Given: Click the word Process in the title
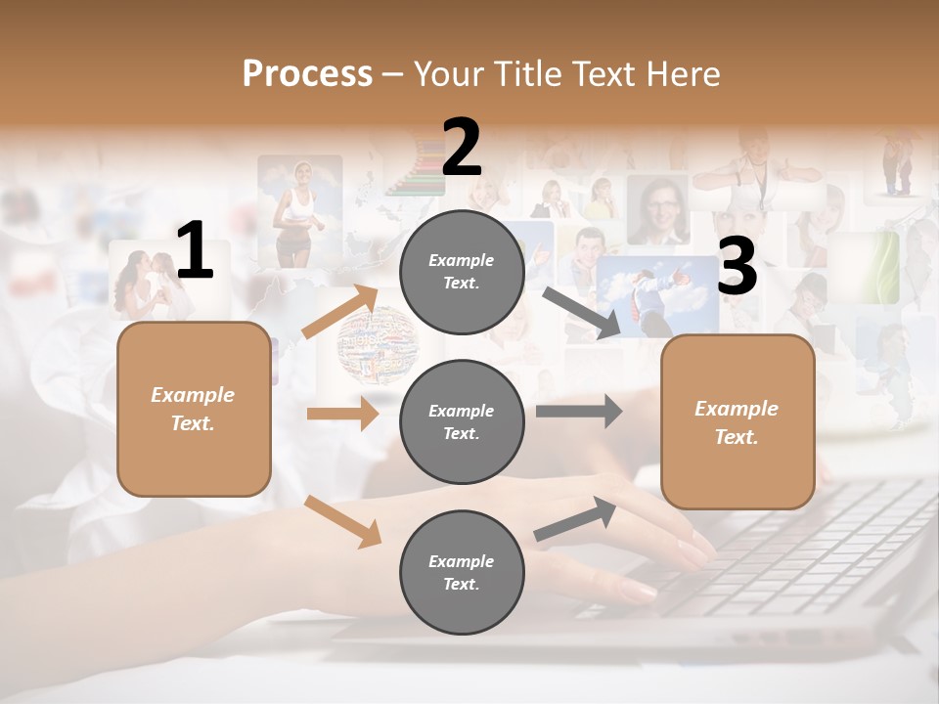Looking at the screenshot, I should pos(307,73).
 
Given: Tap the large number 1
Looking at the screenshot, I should pos(195,251).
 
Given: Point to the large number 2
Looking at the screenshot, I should pos(462,148).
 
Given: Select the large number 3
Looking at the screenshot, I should pos(737,266).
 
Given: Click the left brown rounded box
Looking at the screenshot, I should pos(194,409).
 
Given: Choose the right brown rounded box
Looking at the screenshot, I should pos(738,421).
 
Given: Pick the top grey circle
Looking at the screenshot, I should pos(462,271).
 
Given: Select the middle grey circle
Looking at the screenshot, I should pos(462,421).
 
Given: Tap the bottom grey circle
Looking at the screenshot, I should pos(462,572).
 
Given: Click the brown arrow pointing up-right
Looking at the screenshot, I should pos(340,312).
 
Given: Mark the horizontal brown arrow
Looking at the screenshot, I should pos(342,414).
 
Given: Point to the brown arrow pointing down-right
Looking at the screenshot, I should pos(343,521).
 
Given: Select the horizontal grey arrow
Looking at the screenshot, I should pos(578,411).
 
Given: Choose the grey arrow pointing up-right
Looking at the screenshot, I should pos(576,519).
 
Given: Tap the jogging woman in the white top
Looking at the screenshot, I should pos(296,210).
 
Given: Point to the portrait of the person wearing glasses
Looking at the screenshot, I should pos(656,209).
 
